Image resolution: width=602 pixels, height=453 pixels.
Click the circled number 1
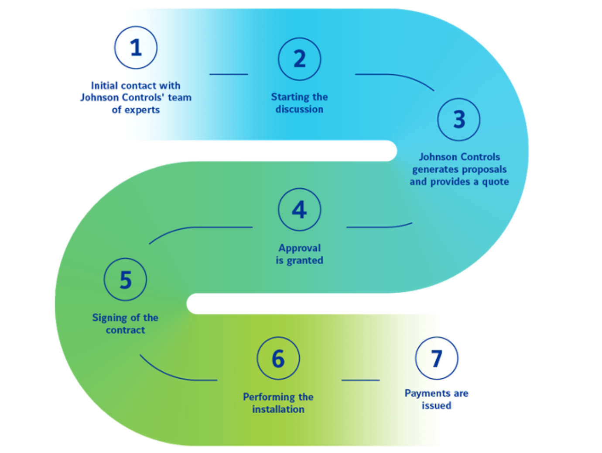tap(136, 47)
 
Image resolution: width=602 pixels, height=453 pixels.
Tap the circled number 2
tap(300, 59)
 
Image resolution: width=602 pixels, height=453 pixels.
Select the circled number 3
tap(459, 119)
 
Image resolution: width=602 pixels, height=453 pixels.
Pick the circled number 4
tap(300, 210)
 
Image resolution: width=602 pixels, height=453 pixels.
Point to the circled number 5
tap(125, 280)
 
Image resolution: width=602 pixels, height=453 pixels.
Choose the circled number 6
tap(278, 358)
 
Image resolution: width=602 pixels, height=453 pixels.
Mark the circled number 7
tap(437, 358)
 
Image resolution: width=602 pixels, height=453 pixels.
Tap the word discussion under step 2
tap(300, 109)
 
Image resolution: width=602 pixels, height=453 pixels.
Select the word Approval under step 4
tap(300, 248)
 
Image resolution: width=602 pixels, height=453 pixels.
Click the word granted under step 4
tap(305, 260)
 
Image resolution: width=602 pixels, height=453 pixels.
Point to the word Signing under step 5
tap(109, 318)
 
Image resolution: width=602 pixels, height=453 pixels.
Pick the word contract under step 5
tap(125, 330)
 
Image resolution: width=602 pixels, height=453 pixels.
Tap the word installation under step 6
tap(278, 409)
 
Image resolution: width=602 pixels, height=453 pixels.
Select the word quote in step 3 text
tap(495, 182)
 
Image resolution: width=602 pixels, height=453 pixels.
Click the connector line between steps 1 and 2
tap(229, 74)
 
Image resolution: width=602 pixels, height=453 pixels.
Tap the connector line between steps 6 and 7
tap(360, 380)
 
